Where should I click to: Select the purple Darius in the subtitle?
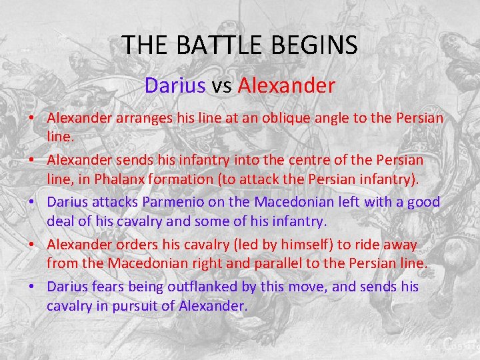pyautogui.click(x=175, y=85)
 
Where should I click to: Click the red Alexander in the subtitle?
pyautogui.click(x=286, y=85)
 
